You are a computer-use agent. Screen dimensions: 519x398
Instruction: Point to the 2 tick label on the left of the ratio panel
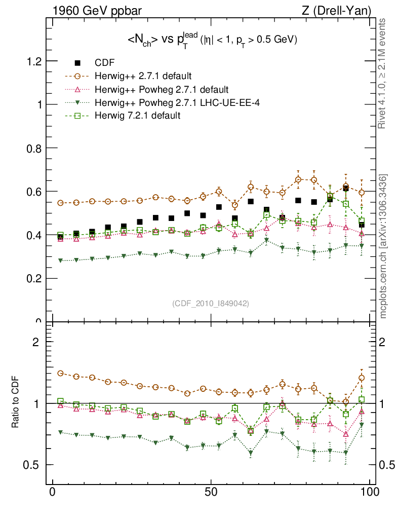[x=36, y=342]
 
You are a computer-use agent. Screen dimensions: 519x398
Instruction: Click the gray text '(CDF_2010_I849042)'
[x=211, y=303]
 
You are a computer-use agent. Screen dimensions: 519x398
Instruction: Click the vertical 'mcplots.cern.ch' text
[x=383, y=246]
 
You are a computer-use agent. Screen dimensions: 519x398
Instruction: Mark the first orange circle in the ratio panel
[x=61, y=373]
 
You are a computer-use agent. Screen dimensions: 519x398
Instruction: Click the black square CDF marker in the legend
[x=77, y=63]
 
